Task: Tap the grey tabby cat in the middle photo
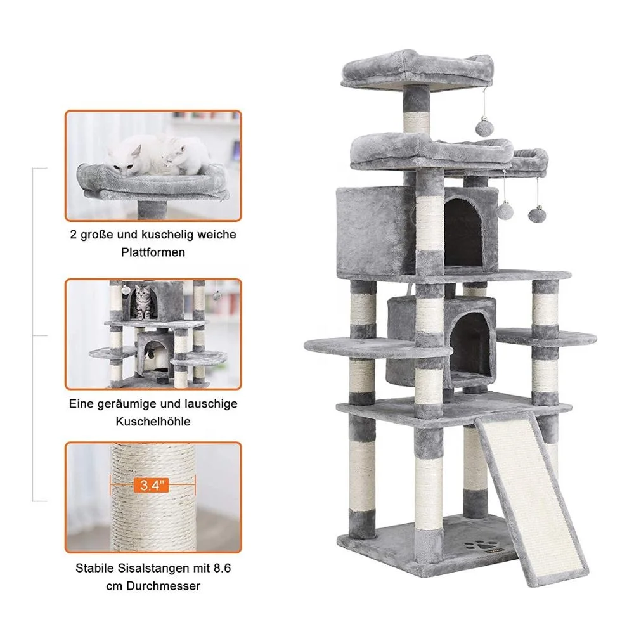[x=145, y=304]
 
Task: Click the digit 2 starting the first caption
[x=74, y=235]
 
